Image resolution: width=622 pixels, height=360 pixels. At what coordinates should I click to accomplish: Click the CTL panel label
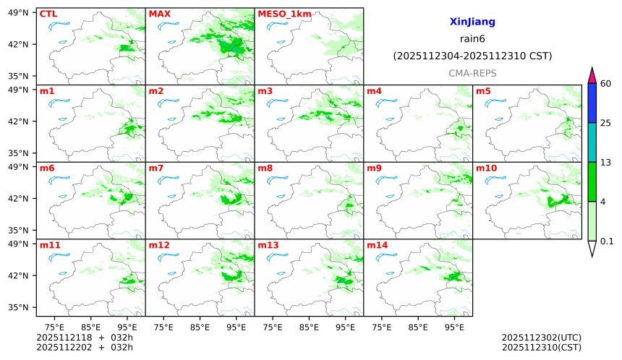coord(48,14)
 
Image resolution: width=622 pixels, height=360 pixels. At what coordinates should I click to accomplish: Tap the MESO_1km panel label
coord(281,14)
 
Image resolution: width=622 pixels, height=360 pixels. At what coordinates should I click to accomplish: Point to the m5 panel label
coord(483,91)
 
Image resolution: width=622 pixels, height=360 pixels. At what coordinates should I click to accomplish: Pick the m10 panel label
coord(486,168)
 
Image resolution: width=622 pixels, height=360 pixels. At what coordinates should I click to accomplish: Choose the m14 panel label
coord(378,245)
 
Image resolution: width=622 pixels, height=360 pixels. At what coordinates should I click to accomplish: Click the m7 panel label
coord(156,168)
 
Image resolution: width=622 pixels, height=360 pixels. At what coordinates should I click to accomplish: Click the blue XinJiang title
coord(472,22)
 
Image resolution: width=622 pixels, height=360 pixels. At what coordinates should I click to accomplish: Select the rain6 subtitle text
coord(472,39)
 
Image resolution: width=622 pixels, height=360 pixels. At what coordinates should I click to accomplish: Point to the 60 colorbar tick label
coord(606,84)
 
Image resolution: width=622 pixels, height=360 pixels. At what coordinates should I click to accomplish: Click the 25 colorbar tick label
coord(606,123)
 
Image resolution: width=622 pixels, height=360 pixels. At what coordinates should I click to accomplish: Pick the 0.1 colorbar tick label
coord(608,241)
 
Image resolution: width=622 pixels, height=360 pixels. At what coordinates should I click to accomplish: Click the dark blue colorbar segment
coord(592,103)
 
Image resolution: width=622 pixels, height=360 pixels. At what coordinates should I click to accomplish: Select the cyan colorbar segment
coord(592,142)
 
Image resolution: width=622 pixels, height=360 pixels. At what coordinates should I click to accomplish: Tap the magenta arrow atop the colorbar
coord(592,75)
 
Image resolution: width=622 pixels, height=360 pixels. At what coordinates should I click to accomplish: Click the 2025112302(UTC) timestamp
coord(541,338)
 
